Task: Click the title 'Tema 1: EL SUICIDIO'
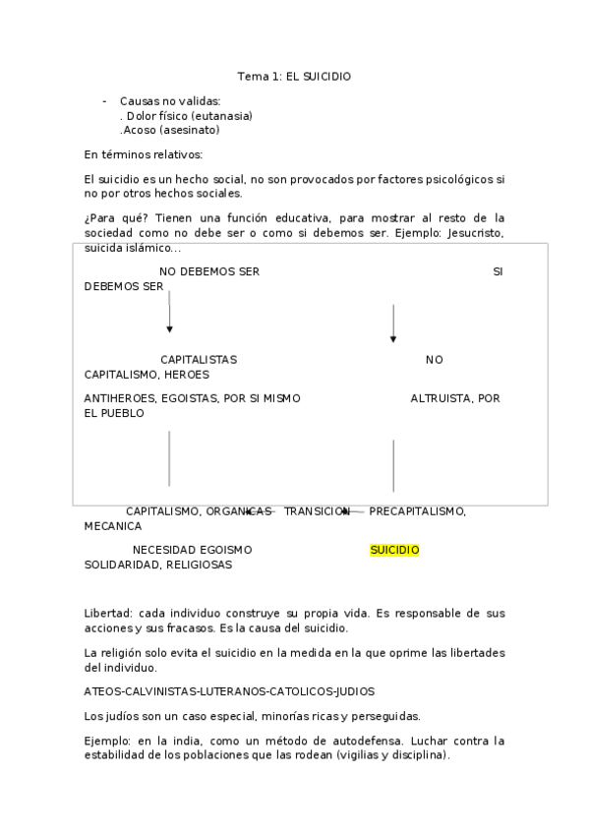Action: pyautogui.click(x=294, y=76)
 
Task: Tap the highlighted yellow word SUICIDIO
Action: pyautogui.click(x=394, y=550)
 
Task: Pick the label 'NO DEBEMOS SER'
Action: pyautogui.click(x=209, y=271)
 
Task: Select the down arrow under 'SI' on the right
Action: pyautogui.click(x=393, y=323)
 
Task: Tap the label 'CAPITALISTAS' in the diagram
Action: pyautogui.click(x=199, y=360)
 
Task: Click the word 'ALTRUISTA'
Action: pyautogui.click(x=440, y=398)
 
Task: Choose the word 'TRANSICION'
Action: pyautogui.click(x=317, y=511)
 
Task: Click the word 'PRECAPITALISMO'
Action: pyautogui.click(x=416, y=511)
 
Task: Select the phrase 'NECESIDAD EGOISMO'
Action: pyautogui.click(x=192, y=550)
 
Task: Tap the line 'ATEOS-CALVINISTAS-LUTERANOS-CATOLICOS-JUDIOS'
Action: pyautogui.click(x=229, y=690)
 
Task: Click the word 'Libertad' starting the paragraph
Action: pyautogui.click(x=106, y=613)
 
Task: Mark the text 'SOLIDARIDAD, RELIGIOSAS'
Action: pyautogui.click(x=158, y=565)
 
